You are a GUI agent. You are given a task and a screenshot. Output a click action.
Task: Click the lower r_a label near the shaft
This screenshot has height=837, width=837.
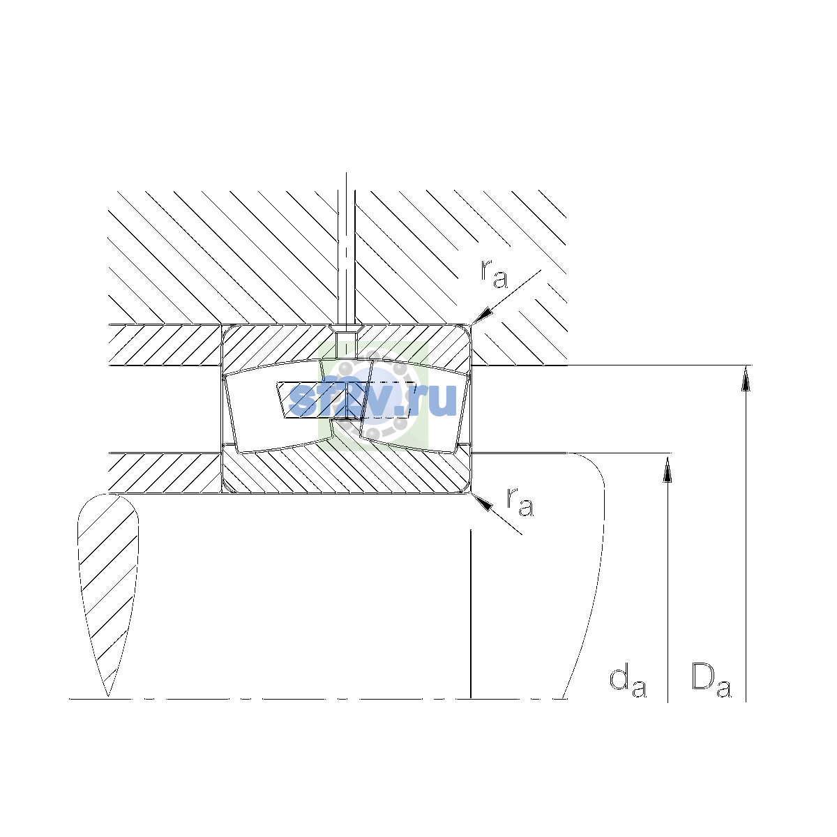(x=520, y=502)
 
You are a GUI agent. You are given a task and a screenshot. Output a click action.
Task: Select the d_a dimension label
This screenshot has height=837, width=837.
(x=628, y=684)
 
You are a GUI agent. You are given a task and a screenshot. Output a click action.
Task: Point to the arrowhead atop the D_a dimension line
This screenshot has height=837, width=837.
(x=746, y=378)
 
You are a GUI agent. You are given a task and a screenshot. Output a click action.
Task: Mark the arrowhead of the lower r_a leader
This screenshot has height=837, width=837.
(x=482, y=502)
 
